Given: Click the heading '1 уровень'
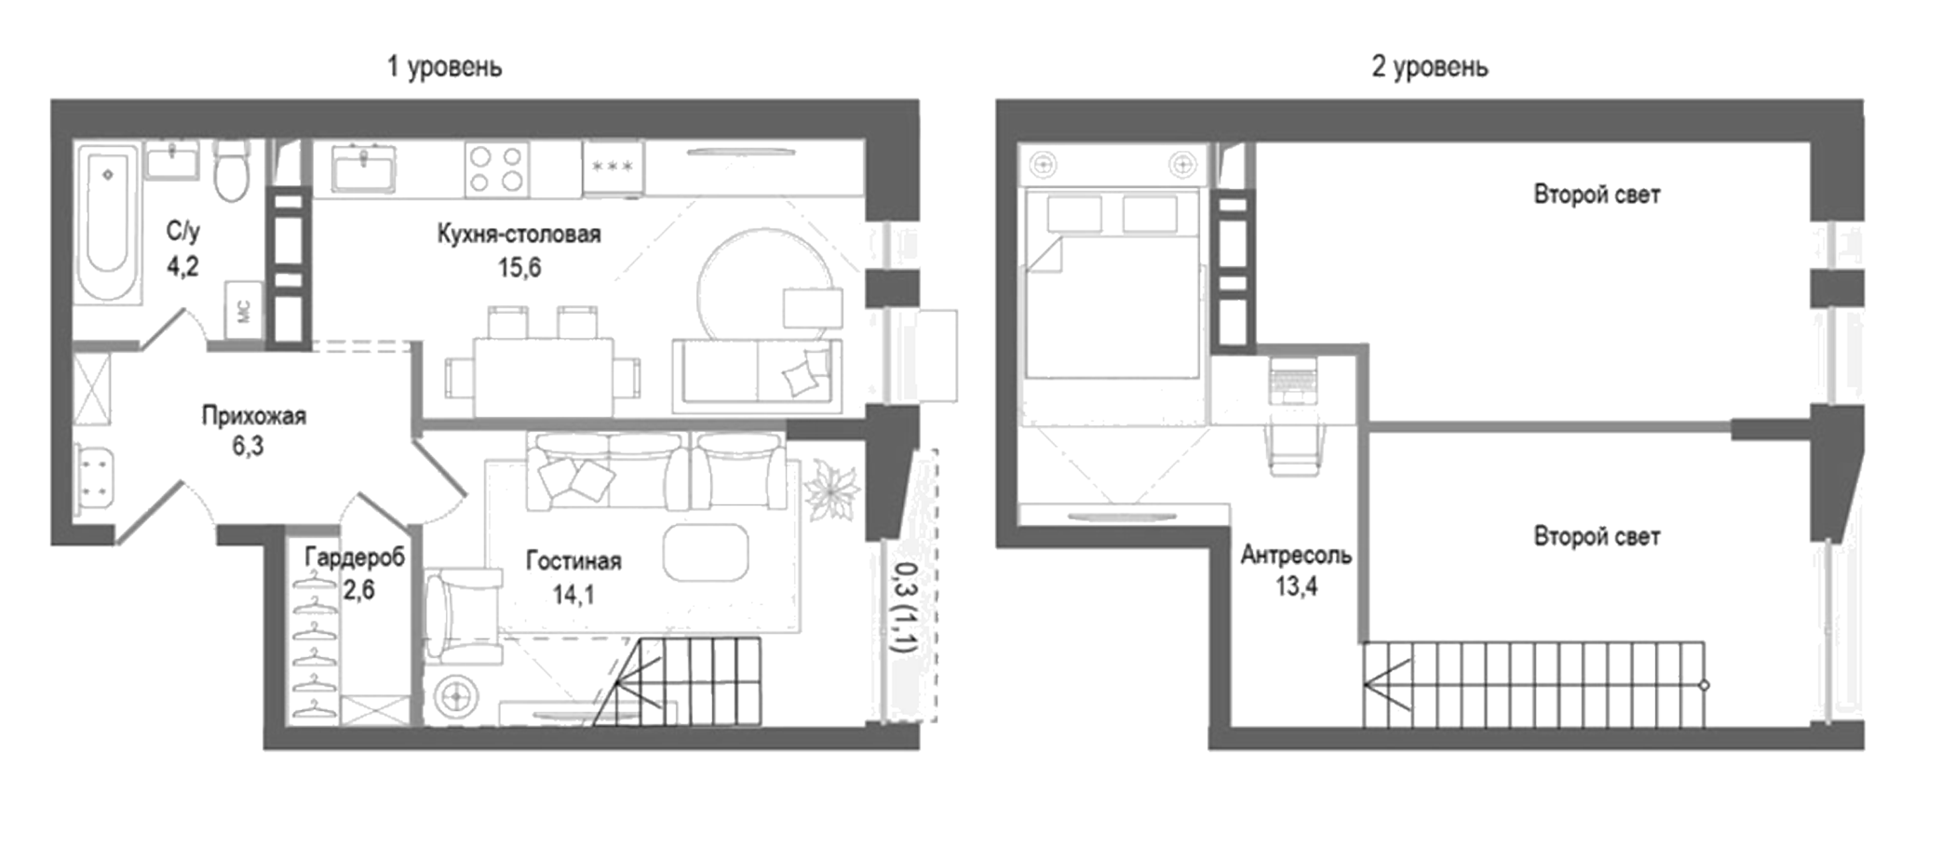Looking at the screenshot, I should [444, 67].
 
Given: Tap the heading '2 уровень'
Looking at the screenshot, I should [1429, 67].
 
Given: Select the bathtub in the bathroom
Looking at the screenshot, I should [108, 223].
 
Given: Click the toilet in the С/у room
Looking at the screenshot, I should [231, 169].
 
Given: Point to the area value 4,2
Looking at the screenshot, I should [182, 267].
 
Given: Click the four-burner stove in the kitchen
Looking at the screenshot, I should [496, 169].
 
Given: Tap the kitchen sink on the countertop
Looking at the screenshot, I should [363, 168].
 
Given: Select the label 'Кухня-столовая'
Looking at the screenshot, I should [519, 234].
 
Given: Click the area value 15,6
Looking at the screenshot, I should [519, 268].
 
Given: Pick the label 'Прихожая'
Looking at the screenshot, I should [253, 415].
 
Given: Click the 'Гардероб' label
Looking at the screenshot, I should [355, 558].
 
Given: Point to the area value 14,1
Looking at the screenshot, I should [573, 594].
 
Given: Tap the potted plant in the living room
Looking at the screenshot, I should [831, 491].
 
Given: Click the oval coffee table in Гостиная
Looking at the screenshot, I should [706, 552].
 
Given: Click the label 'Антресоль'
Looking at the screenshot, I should [1295, 556].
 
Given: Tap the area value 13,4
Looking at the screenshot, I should [1296, 586].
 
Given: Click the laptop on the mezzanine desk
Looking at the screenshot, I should [1293, 379].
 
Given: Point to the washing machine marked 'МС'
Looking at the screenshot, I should [244, 310].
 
